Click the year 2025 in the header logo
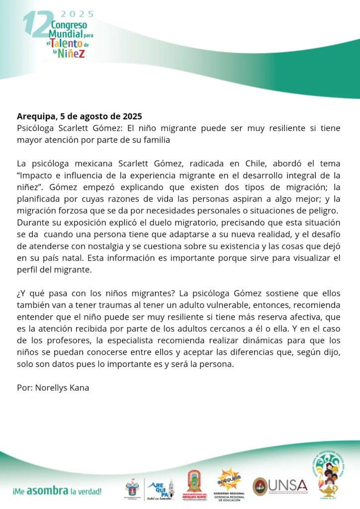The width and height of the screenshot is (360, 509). (x=77, y=14)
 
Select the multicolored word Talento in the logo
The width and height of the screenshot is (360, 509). (x=67, y=44)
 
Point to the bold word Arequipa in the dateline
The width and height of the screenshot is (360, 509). (x=36, y=117)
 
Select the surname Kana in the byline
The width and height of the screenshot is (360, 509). (x=79, y=387)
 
